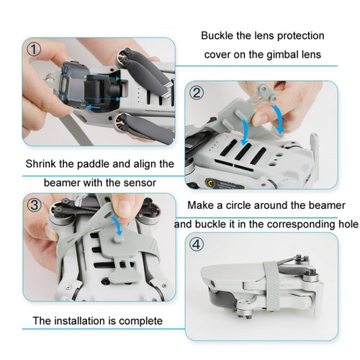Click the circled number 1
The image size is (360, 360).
[x=34, y=50]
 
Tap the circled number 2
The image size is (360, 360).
[x=197, y=93]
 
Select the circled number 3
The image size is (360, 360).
[x=35, y=205]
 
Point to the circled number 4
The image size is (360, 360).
[x=197, y=244]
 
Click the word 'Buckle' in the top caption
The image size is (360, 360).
[x=217, y=36]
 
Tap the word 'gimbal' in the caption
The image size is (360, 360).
[x=281, y=55]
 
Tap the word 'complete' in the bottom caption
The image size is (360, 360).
[x=140, y=321]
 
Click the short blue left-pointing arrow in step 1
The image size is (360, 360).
[x=93, y=107]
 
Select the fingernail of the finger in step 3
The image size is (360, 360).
[x=125, y=207]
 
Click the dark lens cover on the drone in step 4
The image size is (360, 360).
[x=222, y=298]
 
